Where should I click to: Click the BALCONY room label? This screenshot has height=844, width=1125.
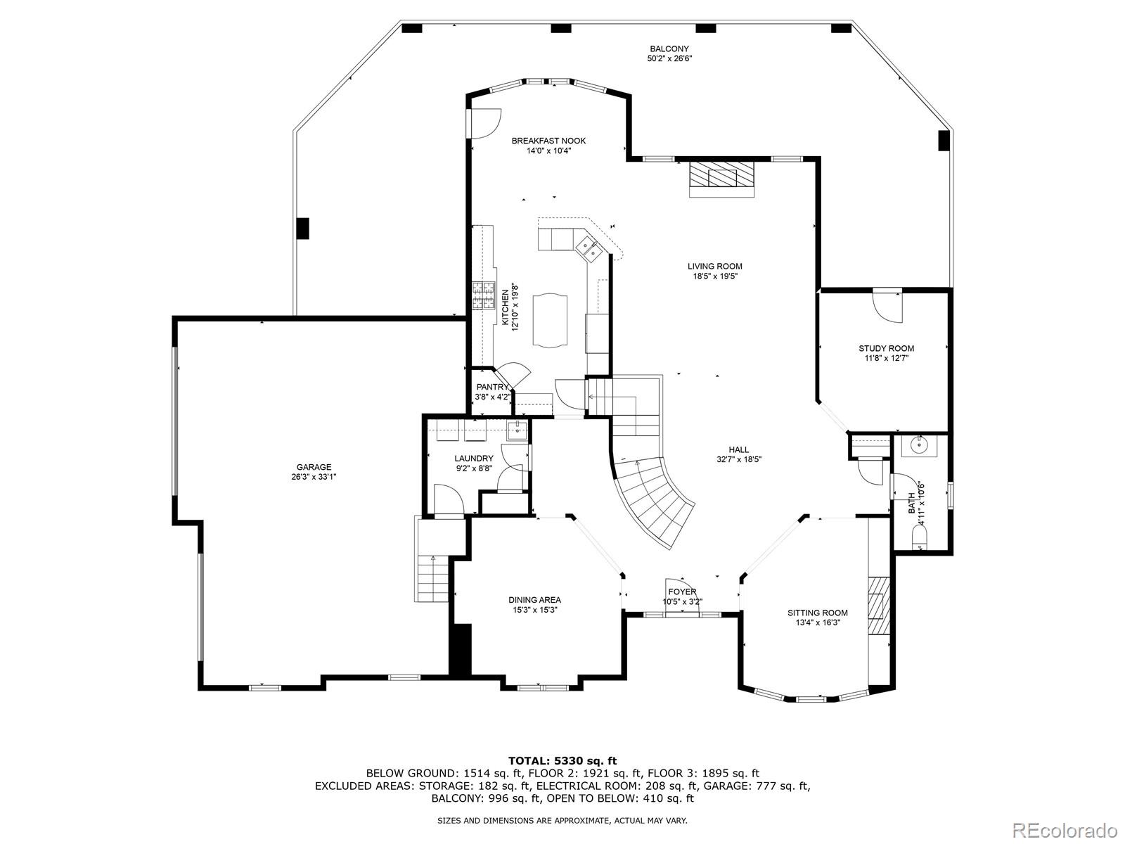coord(669,49)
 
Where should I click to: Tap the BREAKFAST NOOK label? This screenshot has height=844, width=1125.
coord(548,141)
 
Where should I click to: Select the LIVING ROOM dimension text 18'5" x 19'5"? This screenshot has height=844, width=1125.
coord(715,276)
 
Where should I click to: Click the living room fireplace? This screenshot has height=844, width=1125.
coord(722,179)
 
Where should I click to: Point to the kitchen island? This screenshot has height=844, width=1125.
coord(550,320)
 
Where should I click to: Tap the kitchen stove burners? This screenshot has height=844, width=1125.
coord(483,295)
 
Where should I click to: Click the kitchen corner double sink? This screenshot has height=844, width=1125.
coord(589,250)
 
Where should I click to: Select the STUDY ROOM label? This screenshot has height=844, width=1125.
coord(886,348)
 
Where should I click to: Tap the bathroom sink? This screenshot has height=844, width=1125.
coord(920,446)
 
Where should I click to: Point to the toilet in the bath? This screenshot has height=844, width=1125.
coord(920,540)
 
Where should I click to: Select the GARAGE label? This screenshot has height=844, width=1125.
coord(314,467)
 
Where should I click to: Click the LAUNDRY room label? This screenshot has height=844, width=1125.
coord(474,458)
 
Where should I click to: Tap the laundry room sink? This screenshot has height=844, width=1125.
coord(517,431)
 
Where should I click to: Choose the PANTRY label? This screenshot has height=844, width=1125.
coord(492,387)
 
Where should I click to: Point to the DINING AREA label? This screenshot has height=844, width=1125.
coord(534,599)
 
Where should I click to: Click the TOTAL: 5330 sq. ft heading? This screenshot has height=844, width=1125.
coord(562,761)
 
